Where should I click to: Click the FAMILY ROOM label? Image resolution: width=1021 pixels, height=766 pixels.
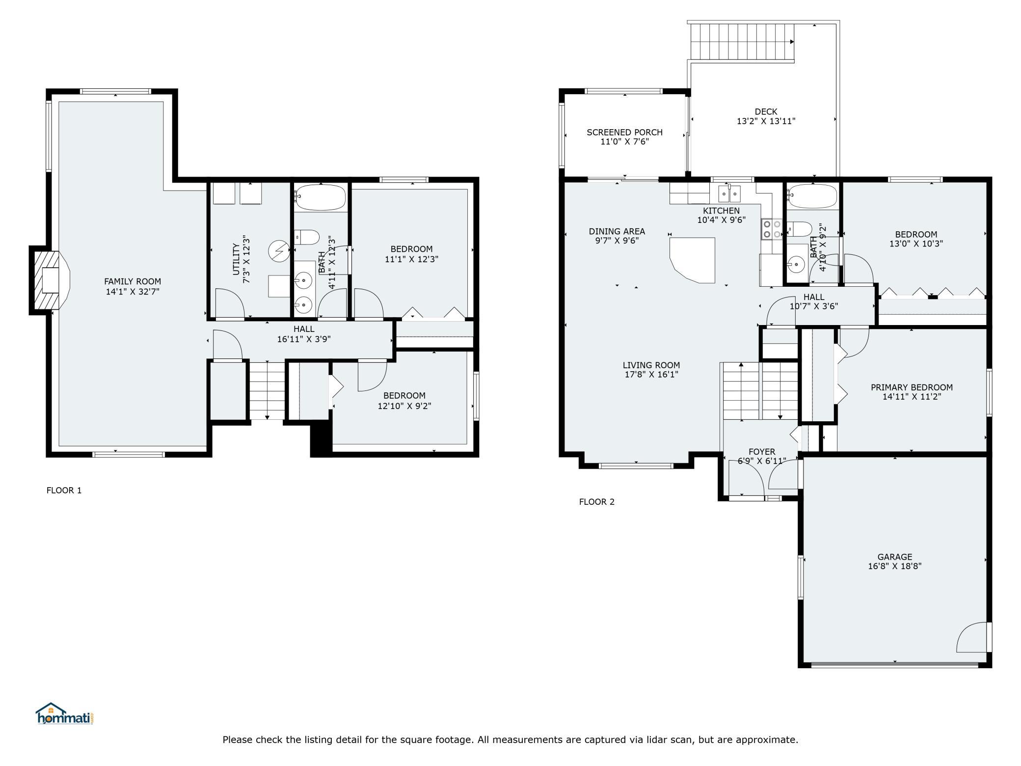(133, 281)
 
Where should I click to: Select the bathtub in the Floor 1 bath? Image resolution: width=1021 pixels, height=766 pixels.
(320, 197)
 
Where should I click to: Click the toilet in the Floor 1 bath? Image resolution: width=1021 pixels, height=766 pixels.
(307, 237)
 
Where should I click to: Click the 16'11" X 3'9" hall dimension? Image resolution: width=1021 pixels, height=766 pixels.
(304, 339)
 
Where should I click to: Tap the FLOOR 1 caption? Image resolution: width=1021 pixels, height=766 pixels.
(64, 490)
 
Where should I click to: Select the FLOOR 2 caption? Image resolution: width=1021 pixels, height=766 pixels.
(597, 501)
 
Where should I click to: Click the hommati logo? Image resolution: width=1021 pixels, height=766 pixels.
(65, 713)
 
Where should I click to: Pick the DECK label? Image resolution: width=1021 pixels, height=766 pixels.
(766, 111)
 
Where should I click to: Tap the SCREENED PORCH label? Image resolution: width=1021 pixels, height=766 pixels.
(624, 132)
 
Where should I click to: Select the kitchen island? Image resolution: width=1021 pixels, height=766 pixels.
(693, 260)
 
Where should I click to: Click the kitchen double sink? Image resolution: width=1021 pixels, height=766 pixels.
(729, 193)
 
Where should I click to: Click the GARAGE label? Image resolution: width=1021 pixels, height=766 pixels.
(895, 557)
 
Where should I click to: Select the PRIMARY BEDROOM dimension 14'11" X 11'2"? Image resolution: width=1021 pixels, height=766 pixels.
(912, 397)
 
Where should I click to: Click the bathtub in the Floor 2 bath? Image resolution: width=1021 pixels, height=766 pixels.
(812, 196)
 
